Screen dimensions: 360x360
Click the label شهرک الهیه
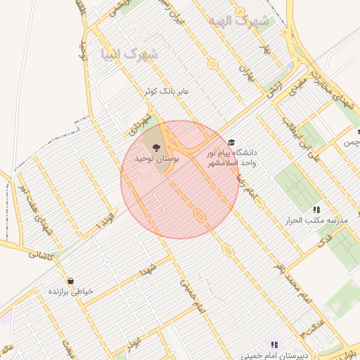(239, 21)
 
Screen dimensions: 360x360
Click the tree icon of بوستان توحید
(155, 148)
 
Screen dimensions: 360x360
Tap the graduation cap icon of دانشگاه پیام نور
(232, 141)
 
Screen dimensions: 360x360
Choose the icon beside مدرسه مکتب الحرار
(316, 210)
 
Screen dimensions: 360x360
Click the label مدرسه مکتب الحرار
(321, 221)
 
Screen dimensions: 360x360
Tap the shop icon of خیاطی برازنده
(70, 281)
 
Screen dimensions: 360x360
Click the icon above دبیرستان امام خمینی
(274, 345)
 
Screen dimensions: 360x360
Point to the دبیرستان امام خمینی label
(274, 355)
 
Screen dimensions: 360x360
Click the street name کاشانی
(41, 257)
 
